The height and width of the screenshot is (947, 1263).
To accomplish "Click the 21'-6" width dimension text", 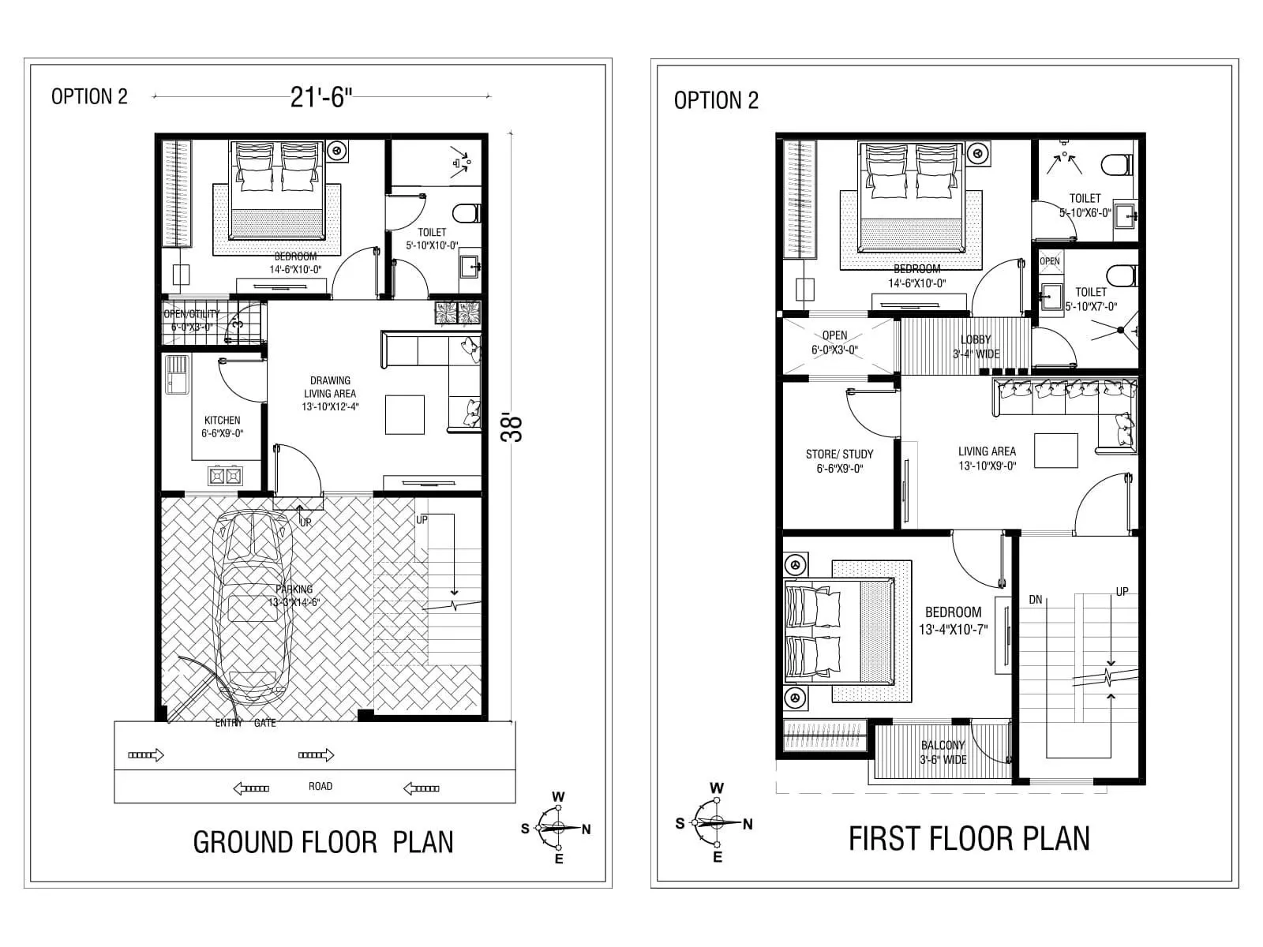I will click(x=320, y=97).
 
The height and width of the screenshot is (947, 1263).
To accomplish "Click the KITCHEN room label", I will click(x=222, y=421).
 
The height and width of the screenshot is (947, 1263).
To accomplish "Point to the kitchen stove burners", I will click(x=225, y=476).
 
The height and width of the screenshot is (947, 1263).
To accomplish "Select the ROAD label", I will click(x=320, y=786).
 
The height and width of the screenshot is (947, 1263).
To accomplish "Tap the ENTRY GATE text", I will click(x=245, y=723).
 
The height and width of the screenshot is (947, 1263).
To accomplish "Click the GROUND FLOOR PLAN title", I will click(x=323, y=842).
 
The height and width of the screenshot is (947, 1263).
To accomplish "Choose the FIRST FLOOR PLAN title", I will click(x=969, y=838).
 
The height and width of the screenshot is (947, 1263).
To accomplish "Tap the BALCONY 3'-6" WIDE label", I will click(x=943, y=752).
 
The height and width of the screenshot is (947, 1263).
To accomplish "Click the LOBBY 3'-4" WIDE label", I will click(x=976, y=346).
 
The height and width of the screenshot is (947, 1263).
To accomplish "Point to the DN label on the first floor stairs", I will click(x=1036, y=600).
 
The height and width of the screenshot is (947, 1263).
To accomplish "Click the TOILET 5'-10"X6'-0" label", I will click(x=1085, y=206).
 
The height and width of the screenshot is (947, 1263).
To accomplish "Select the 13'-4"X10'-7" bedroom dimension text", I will click(x=954, y=630).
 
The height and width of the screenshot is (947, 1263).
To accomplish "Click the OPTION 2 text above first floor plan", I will click(x=715, y=100).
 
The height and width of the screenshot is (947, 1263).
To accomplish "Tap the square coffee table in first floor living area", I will click(x=1056, y=451).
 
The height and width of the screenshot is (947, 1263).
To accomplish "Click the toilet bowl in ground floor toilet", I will click(x=467, y=212).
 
